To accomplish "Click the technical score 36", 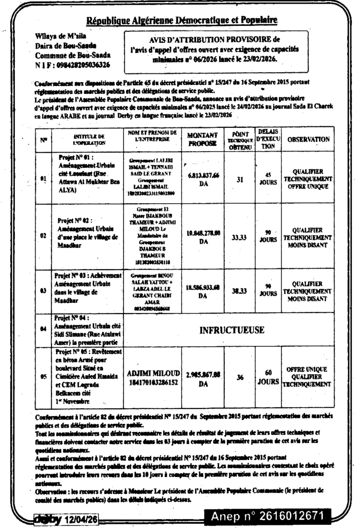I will (239, 377).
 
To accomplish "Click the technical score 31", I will (239, 179).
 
